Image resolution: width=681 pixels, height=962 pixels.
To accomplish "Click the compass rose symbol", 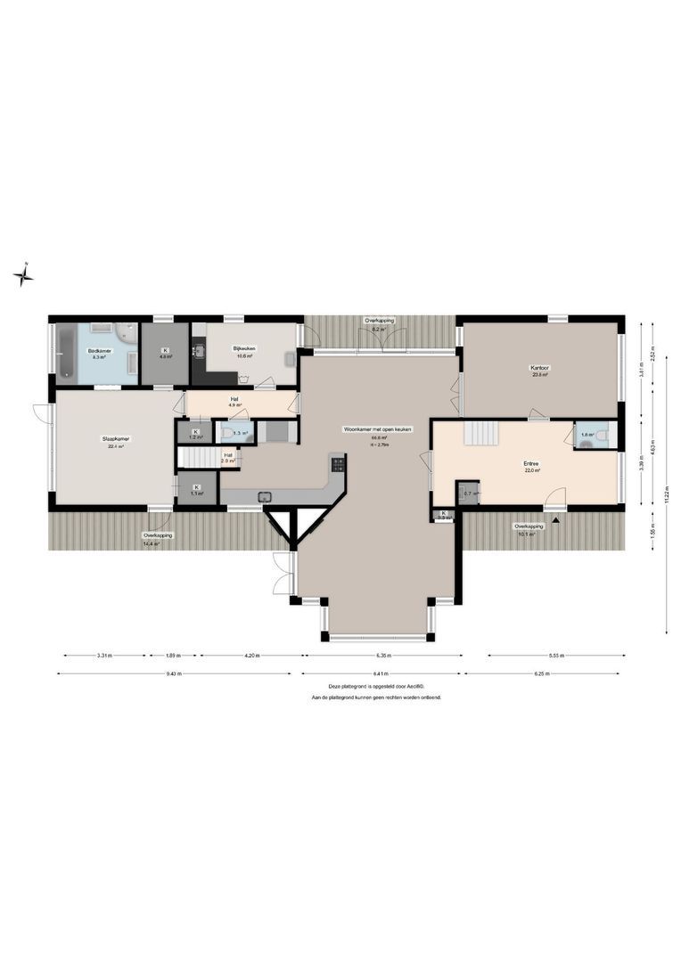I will pos(24,274).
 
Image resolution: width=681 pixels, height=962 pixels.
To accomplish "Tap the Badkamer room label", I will pos(98,351).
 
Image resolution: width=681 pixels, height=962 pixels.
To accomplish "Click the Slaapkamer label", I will pos(113,438).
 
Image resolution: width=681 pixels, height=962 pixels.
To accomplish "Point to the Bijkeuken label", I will pos(244,348).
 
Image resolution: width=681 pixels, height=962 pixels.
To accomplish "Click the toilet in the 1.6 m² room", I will pos(602,436).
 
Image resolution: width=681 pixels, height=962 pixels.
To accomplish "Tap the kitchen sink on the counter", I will pos(264,497).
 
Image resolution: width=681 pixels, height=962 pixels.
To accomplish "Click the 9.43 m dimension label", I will pos(174,673).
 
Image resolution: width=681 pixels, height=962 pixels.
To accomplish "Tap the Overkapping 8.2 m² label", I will pos(379,320).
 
